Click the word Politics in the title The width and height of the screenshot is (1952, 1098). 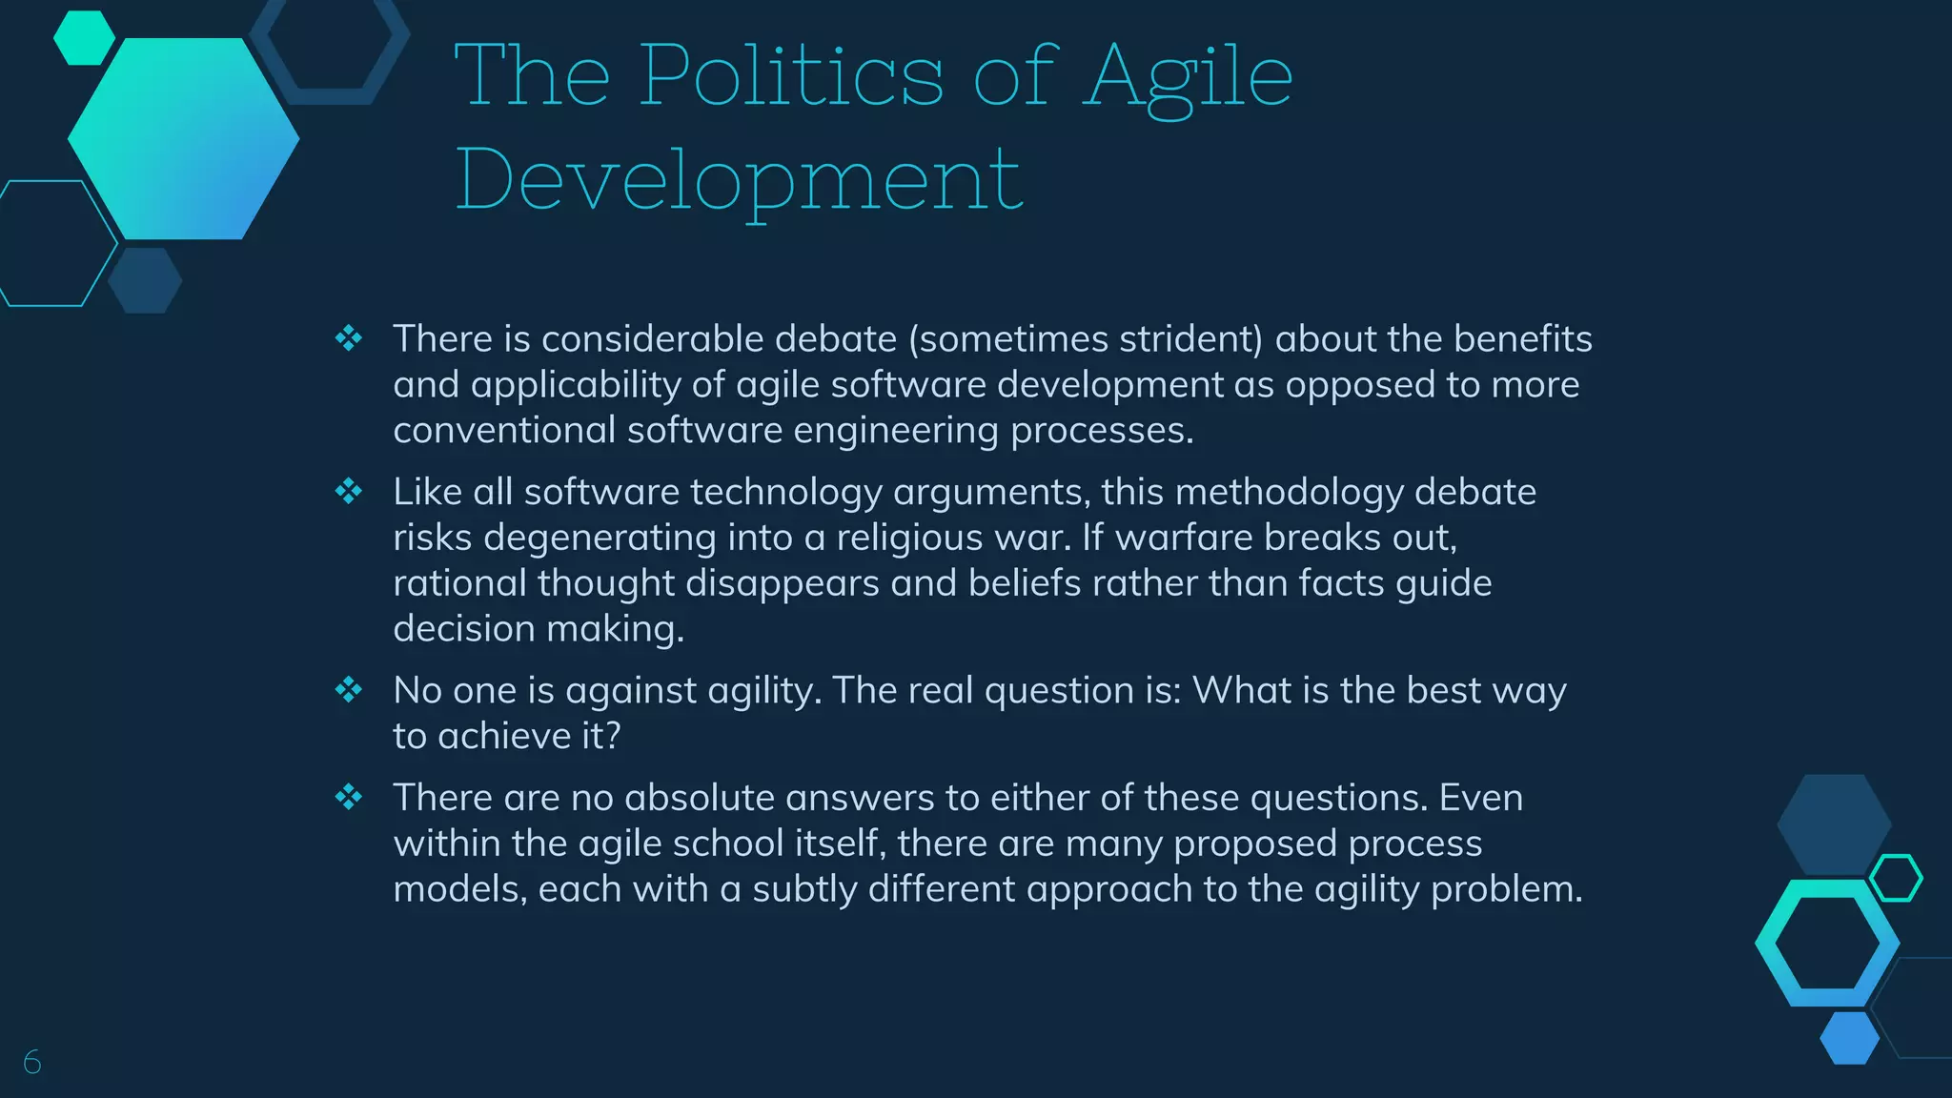tap(791, 76)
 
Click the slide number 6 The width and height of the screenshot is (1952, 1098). tap(32, 1062)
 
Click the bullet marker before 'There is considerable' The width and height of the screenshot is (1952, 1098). tap(349, 338)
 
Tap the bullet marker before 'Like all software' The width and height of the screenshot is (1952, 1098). tap(349, 492)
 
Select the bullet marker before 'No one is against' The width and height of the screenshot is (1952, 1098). tap(349, 690)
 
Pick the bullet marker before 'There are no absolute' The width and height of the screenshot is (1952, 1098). tap(349, 797)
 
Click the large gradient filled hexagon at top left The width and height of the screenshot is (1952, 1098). tap(183, 139)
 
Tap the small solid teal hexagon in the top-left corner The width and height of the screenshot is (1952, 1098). tap(84, 38)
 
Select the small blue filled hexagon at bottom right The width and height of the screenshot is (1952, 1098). tap(1849, 1038)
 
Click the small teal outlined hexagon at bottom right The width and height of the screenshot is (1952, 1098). tap(1896, 878)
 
